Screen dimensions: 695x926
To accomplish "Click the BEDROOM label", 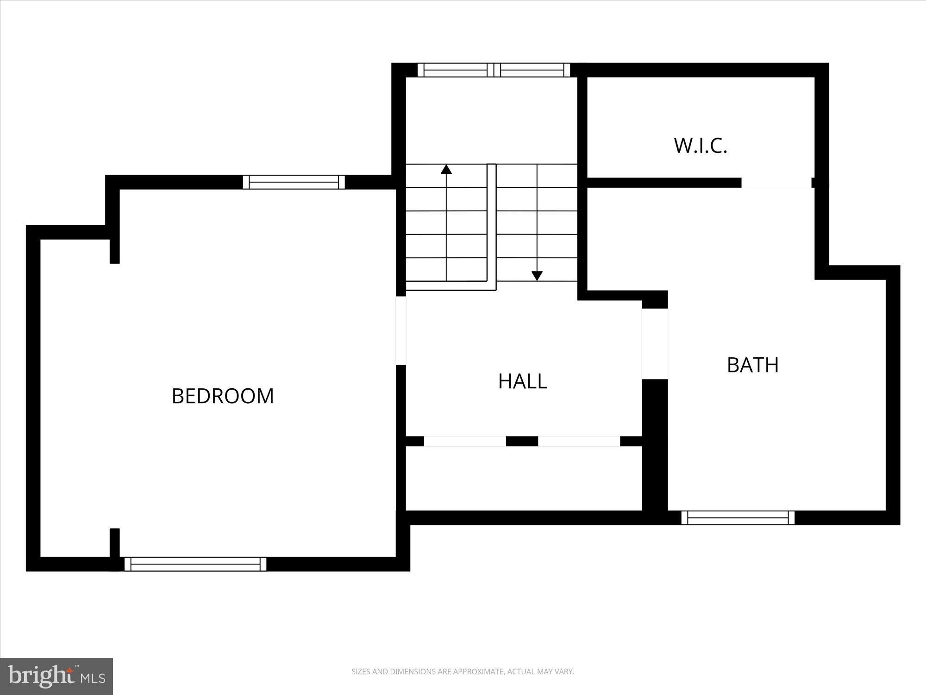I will [x=223, y=396].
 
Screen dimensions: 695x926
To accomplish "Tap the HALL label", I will [x=523, y=381].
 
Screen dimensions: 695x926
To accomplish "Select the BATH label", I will [x=753, y=365].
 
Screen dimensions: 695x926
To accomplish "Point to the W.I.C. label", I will [x=701, y=145].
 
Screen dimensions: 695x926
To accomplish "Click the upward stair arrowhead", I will [x=446, y=169].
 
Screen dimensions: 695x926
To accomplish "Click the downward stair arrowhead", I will [x=537, y=276].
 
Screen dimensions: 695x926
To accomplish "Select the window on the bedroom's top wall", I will [x=294, y=182].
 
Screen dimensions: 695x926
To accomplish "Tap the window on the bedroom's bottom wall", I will [x=195, y=564].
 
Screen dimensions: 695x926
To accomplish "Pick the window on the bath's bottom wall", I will [x=738, y=518].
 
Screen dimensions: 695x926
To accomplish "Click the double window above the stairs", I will [x=494, y=70].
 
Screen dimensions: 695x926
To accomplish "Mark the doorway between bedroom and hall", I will [x=401, y=330].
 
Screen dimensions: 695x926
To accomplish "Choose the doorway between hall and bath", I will [x=655, y=343].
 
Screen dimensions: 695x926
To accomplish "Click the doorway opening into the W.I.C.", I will [x=776, y=183].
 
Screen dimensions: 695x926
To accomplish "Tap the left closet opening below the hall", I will [x=465, y=441].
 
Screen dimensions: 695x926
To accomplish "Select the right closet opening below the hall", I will [x=579, y=441].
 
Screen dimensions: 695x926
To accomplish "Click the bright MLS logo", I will [x=56, y=676].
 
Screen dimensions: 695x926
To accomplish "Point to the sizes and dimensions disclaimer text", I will [x=463, y=671].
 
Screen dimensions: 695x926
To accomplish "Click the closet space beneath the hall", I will [x=523, y=478].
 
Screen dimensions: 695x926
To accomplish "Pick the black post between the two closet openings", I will [x=522, y=441].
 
